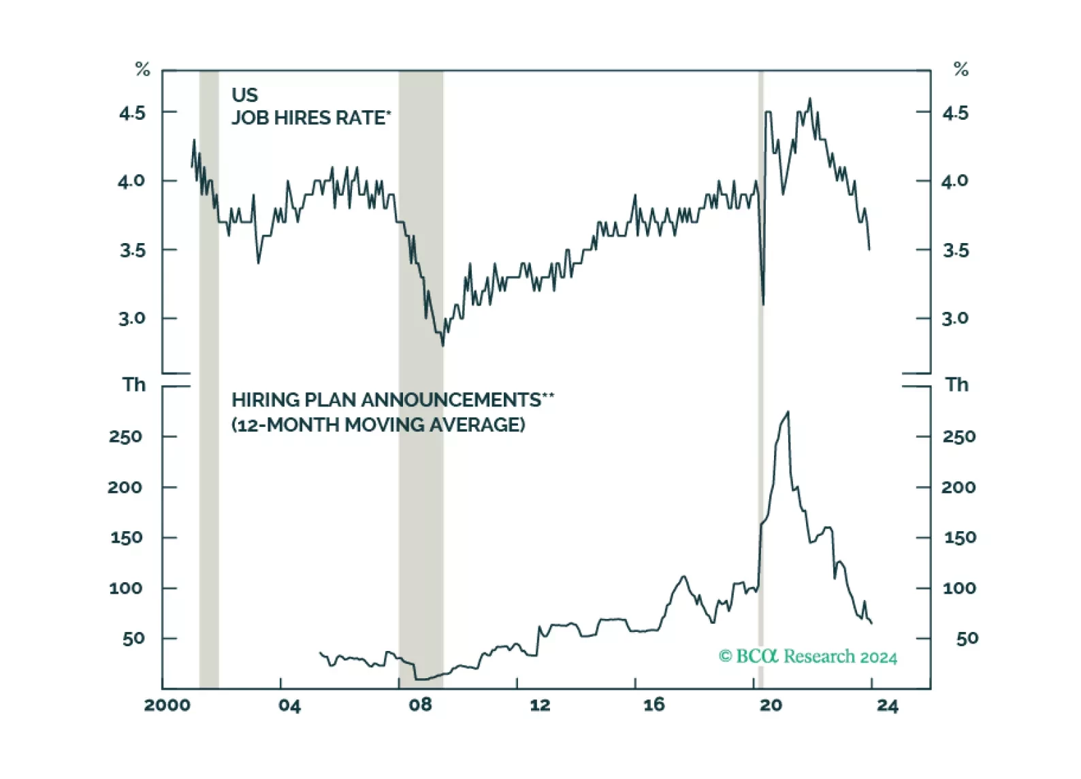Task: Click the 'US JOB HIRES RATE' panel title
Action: [x=310, y=107]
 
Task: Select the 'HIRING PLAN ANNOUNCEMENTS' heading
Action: [x=392, y=400]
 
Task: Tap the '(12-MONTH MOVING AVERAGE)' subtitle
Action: [x=378, y=425]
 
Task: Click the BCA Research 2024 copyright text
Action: [x=808, y=656]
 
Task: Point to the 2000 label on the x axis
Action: [x=167, y=705]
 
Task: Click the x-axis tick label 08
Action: [x=421, y=705]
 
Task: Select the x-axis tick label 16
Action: [x=654, y=705]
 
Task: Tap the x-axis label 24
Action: [x=888, y=705]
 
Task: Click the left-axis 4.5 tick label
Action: [x=132, y=113]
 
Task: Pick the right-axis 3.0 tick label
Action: [x=955, y=319]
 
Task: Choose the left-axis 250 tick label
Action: [x=125, y=436]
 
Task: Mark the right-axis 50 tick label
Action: [x=967, y=639]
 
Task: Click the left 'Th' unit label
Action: [x=134, y=385]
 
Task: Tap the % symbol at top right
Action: [x=961, y=69]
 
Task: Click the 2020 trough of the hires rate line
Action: [x=763, y=304]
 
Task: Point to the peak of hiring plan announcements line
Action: [x=788, y=412]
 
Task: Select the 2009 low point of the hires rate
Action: [x=442, y=345]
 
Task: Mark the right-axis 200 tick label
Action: [x=958, y=488]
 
